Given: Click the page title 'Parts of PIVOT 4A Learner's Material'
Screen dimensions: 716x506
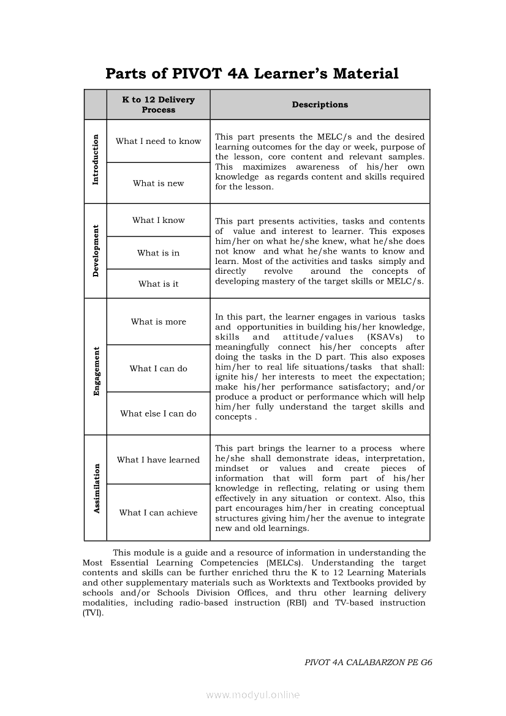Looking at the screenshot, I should [x=252, y=74].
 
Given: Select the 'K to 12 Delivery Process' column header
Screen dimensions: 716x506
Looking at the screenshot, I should [x=158, y=105].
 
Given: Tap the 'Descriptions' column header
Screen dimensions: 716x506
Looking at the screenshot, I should [x=320, y=105].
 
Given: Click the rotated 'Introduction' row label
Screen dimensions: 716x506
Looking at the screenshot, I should [x=95, y=160].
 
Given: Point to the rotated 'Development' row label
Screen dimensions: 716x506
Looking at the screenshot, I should [x=96, y=251].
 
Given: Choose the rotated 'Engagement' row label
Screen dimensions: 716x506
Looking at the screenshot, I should [x=96, y=371].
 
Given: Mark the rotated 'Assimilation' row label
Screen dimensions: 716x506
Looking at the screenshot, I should [x=96, y=488].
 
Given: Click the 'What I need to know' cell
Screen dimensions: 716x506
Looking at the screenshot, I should [x=158, y=141].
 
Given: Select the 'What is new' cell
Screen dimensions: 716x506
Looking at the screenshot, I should [x=158, y=183].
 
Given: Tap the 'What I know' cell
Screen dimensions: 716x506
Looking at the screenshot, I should [x=158, y=220].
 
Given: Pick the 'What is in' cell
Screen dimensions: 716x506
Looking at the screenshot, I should [x=158, y=253].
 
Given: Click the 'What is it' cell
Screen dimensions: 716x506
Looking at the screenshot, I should [x=158, y=284].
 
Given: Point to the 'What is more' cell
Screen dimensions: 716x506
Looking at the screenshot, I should [x=158, y=322].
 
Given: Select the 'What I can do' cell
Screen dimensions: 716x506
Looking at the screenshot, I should [x=158, y=369].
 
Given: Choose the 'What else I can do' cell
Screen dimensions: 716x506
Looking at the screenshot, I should [x=158, y=414].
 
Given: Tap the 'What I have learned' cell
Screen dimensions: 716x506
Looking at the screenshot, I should [x=158, y=460].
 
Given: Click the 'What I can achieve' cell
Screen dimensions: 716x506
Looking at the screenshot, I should [x=158, y=513].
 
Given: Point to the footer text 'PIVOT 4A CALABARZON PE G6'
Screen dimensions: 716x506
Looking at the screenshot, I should [x=368, y=662].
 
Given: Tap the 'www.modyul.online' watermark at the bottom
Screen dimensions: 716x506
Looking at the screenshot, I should [x=252, y=695].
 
